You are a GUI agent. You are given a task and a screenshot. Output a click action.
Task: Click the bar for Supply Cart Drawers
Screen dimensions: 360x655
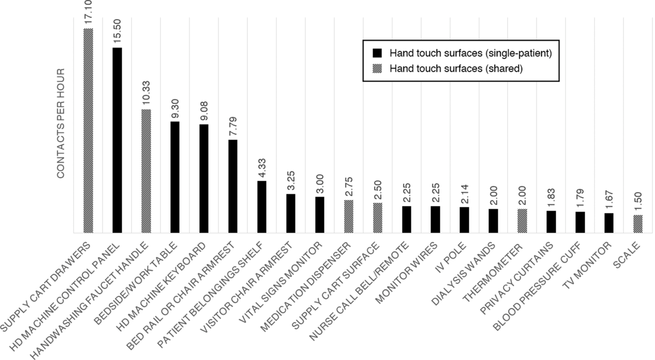pyautogui.click(x=88, y=131)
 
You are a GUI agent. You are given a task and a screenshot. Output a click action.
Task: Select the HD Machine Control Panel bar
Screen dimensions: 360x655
pyautogui.click(x=117, y=140)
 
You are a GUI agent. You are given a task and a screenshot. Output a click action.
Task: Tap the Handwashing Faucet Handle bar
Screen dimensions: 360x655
pyautogui.click(x=146, y=171)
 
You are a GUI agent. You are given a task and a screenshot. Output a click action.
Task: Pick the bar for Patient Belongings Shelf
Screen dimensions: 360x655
pyautogui.click(x=262, y=207)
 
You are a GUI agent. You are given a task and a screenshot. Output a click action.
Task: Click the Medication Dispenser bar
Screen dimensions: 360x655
pyautogui.click(x=348, y=216)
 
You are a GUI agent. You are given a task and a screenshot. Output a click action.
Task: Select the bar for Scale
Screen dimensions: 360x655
pyautogui.click(x=638, y=224)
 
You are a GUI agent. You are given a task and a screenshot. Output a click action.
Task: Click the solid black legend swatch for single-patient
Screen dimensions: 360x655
pyautogui.click(x=377, y=53)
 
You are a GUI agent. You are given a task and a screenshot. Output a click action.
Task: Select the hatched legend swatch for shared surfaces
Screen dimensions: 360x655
pyautogui.click(x=377, y=69)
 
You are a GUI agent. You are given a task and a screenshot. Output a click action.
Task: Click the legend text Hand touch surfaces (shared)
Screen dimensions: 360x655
pyautogui.click(x=456, y=69)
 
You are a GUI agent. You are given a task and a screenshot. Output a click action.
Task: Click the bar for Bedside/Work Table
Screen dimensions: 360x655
pyautogui.click(x=175, y=177)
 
